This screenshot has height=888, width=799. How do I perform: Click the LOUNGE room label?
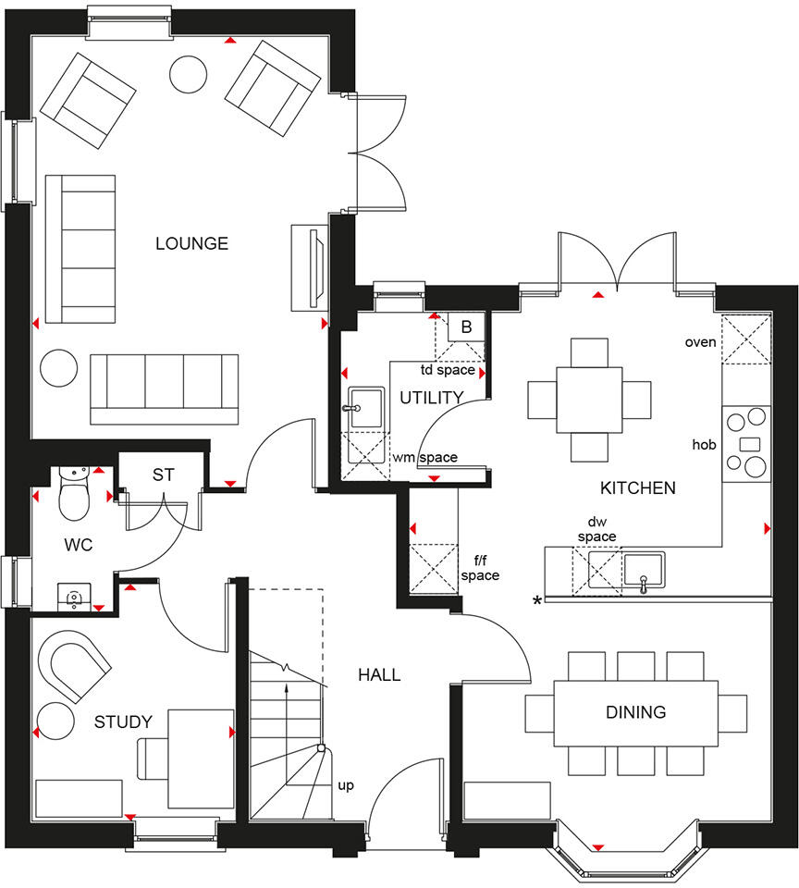[191, 244]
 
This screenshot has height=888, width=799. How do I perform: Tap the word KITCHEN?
[638, 487]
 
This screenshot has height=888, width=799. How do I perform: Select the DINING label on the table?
[635, 712]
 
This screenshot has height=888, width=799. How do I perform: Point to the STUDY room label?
[123, 722]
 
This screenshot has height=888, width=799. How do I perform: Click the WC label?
[79, 545]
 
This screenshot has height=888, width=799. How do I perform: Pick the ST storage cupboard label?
[163, 475]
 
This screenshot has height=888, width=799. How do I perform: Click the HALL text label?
[379, 675]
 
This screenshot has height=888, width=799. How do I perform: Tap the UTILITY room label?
[431, 398]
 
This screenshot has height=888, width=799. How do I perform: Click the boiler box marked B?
[466, 327]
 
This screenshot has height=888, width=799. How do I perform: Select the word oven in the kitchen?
[700, 342]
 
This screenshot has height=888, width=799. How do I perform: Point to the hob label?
[705, 445]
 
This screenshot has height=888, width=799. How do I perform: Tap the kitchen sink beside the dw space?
[644, 570]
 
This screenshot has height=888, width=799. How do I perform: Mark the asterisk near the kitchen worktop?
[536, 602]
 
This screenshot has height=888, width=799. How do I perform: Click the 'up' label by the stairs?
[346, 786]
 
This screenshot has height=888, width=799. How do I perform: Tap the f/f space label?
[480, 568]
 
